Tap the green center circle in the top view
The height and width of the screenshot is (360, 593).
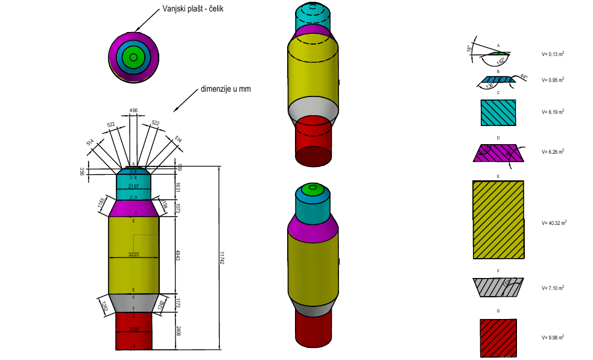tap(134, 57)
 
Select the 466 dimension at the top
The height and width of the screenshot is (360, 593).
tap(133, 110)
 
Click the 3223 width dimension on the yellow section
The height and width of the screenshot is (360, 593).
tap(134, 254)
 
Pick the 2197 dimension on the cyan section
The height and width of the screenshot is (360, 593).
tap(133, 187)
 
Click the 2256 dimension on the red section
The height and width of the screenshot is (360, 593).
tap(133, 329)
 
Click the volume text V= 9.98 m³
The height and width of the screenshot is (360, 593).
tap(553, 337)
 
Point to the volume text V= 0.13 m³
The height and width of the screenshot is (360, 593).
tap(553, 54)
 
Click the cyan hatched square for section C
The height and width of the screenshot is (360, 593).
tap(498, 113)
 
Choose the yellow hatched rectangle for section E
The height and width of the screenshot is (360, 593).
tap(498, 219)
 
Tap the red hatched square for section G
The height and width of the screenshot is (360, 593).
tap(498, 337)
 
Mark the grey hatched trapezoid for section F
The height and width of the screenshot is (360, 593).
tap(498, 287)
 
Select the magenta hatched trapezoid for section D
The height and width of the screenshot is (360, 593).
tap(498, 153)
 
